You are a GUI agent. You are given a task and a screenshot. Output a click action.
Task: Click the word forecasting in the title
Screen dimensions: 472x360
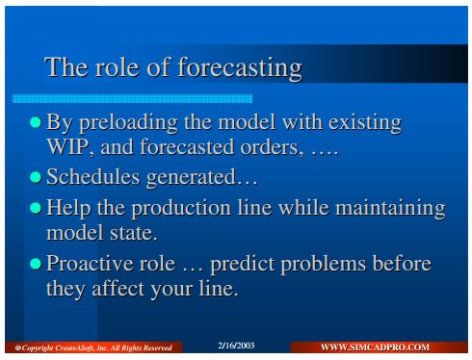[x=240, y=68]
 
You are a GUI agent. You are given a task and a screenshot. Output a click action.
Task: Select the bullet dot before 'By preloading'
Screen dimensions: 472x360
[x=36, y=122]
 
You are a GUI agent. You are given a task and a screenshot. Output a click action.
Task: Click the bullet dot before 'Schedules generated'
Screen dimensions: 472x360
[x=36, y=177]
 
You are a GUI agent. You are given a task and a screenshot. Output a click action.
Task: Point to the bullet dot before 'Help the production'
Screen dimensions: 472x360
[x=36, y=208]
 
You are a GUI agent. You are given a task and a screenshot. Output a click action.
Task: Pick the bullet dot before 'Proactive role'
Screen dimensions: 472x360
[x=36, y=264]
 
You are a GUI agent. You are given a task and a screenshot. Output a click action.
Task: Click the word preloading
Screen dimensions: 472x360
[x=128, y=123]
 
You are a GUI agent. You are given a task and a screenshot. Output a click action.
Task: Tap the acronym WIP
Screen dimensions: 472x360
[x=67, y=147]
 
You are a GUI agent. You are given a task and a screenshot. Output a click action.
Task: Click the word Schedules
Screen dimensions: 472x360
[x=93, y=177]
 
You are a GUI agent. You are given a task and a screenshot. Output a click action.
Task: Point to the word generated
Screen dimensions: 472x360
[x=191, y=178]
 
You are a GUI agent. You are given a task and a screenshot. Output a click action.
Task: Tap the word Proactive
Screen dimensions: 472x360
[x=90, y=264]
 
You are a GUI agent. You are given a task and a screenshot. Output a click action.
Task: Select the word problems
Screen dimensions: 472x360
[x=324, y=265]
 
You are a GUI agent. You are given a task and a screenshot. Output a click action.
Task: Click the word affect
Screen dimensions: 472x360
[x=118, y=288]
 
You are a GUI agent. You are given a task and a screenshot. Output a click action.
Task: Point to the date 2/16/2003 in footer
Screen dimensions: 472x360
[x=236, y=346]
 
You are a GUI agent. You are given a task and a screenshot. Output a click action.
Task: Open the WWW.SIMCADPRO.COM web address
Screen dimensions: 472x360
[x=375, y=347]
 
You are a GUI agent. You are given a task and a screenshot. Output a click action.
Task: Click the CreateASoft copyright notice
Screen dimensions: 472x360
[x=93, y=347]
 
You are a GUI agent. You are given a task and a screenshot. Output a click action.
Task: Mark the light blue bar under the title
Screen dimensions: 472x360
[x=132, y=98]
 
